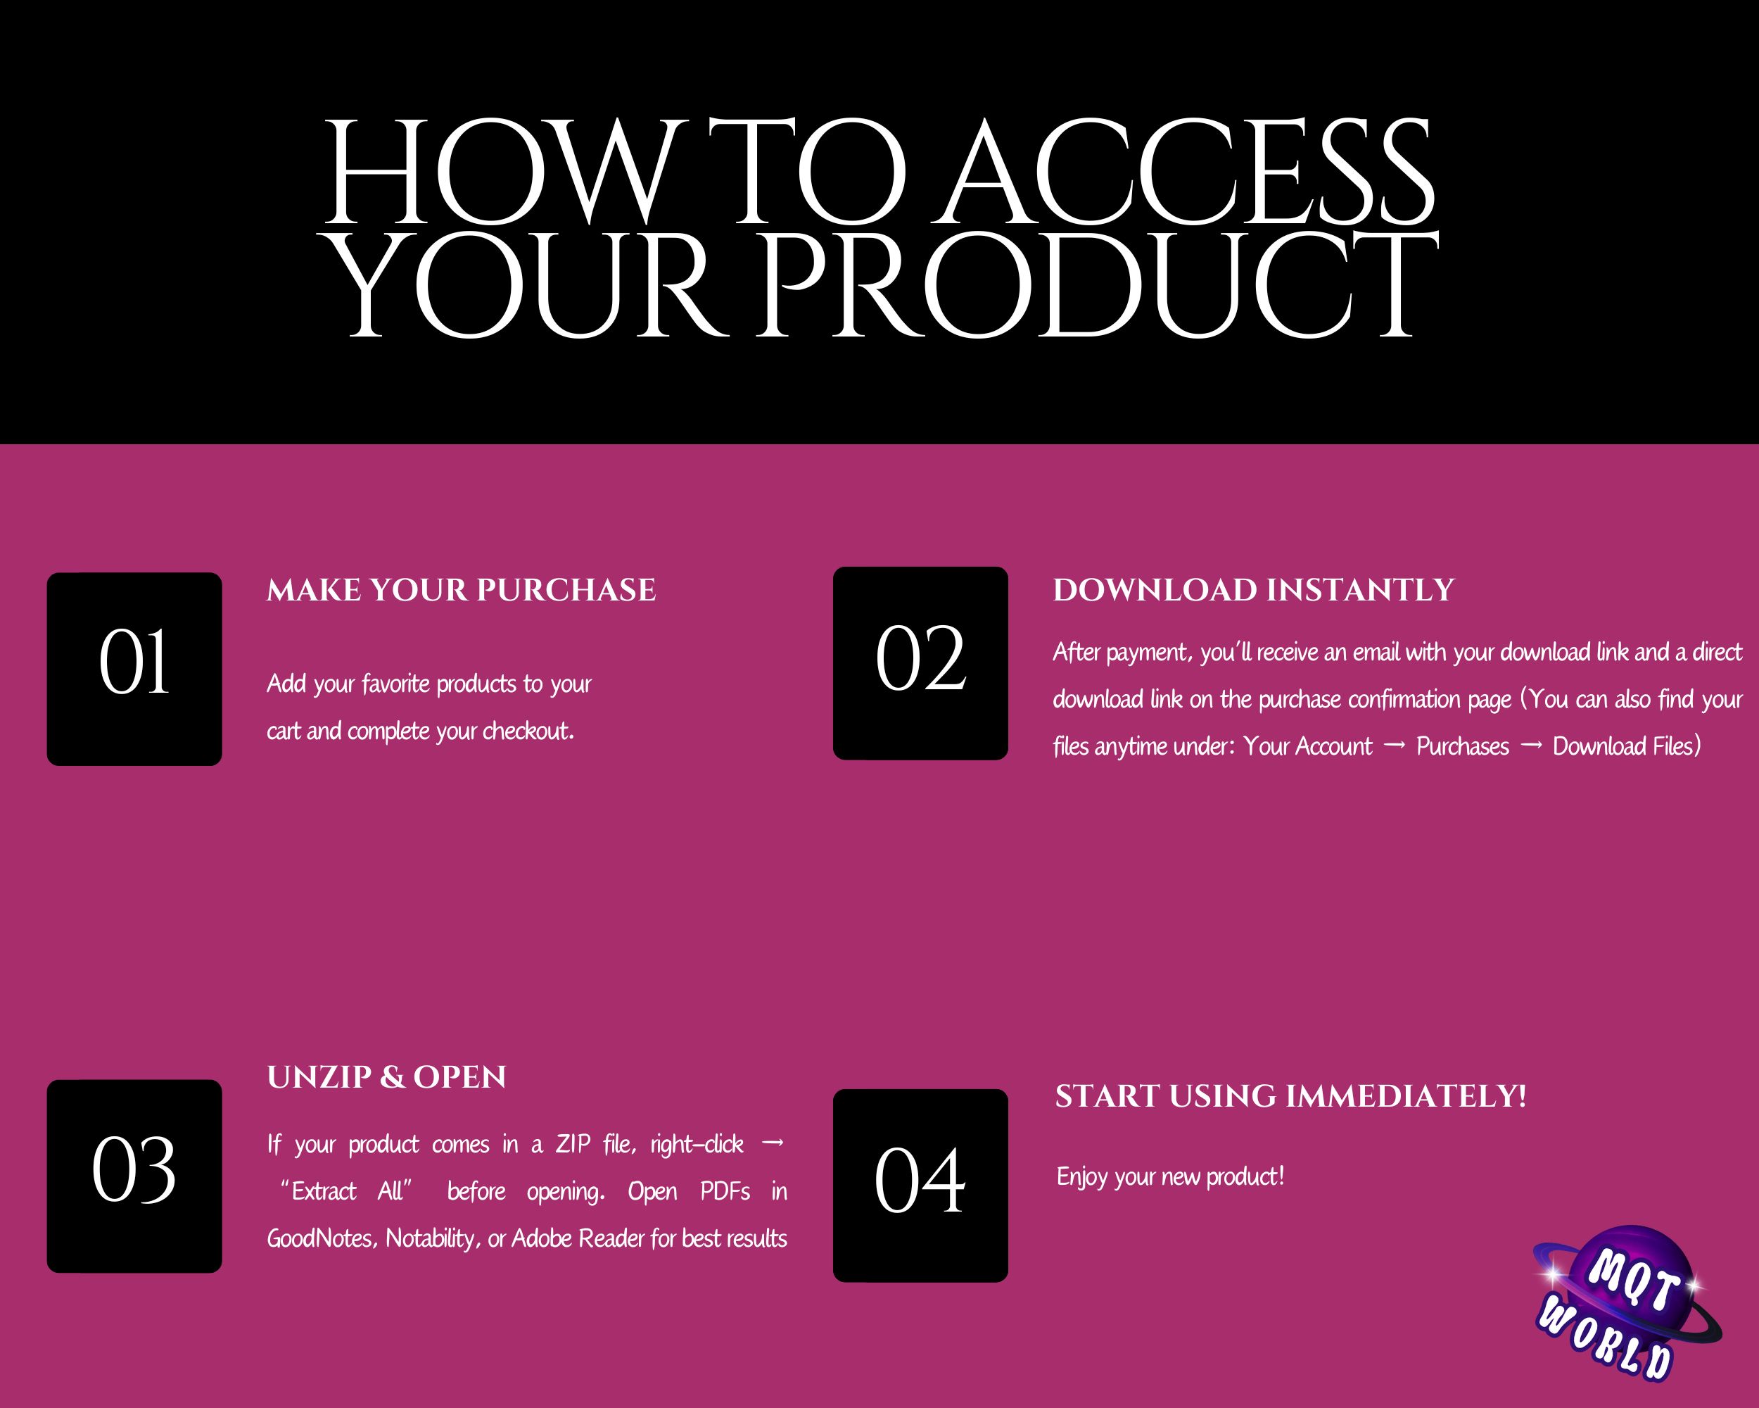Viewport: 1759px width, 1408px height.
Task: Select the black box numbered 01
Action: (134, 670)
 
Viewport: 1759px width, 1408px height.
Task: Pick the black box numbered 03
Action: (134, 1176)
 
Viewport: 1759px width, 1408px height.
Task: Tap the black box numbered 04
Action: (920, 1185)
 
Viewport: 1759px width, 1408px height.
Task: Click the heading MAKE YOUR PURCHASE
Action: (461, 590)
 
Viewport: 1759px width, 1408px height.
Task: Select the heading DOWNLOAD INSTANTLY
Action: (1253, 590)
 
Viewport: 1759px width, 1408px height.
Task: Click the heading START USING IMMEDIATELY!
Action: (1290, 1096)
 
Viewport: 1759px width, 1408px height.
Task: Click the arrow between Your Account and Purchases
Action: (1395, 746)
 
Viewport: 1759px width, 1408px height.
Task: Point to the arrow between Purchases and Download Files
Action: (1530, 746)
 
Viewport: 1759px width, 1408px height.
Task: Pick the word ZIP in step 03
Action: (573, 1145)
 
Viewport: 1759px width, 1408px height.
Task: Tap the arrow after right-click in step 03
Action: (772, 1143)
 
